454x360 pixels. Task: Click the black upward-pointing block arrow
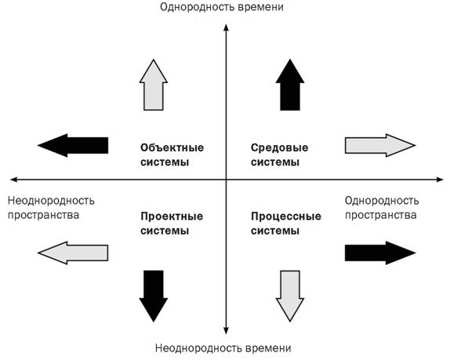coord(290,85)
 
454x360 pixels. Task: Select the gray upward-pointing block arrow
coord(154,85)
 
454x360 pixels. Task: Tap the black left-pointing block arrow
coord(73,145)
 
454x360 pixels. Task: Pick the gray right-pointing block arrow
coord(380,145)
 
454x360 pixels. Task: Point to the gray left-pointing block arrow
coord(73,253)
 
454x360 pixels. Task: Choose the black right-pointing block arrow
coord(380,253)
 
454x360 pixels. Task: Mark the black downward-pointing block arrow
coord(154,296)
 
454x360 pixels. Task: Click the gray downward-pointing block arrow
coord(290,296)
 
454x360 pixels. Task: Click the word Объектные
coord(172,147)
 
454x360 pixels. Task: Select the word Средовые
coord(279,148)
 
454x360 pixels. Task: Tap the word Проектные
coord(172,216)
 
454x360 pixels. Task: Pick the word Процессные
coord(286,216)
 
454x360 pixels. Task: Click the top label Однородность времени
coord(222,6)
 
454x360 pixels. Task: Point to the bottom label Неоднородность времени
coord(223,348)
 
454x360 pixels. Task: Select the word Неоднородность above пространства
coord(51,201)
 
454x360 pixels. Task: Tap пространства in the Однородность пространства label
coord(380,215)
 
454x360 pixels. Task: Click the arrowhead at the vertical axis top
coord(226,27)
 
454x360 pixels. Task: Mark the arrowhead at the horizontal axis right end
coord(440,180)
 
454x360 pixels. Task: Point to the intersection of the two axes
coord(226,180)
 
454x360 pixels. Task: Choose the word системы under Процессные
coord(275,231)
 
